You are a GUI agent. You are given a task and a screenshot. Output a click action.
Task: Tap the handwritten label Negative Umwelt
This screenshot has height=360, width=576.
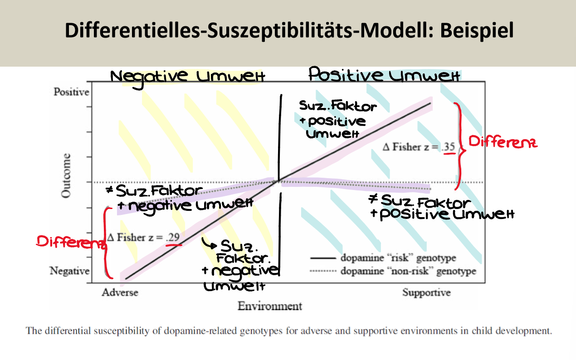pyautogui.click(x=187, y=76)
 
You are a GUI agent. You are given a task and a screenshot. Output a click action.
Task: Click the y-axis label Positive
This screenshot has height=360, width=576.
pyautogui.click(x=72, y=92)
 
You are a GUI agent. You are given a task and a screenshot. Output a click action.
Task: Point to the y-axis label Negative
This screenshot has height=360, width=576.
pyautogui.click(x=69, y=271)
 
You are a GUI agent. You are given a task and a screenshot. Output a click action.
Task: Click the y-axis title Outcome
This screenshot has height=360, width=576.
pyautogui.click(x=66, y=175)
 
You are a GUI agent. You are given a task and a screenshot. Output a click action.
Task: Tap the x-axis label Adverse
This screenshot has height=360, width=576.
pyautogui.click(x=120, y=292)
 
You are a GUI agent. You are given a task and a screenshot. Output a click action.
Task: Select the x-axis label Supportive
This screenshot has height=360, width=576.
pyautogui.click(x=426, y=292)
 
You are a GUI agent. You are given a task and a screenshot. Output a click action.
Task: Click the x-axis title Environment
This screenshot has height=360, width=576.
pyautogui.click(x=269, y=306)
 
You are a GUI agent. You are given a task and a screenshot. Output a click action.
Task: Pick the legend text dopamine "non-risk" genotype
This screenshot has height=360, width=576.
pyautogui.click(x=408, y=271)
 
